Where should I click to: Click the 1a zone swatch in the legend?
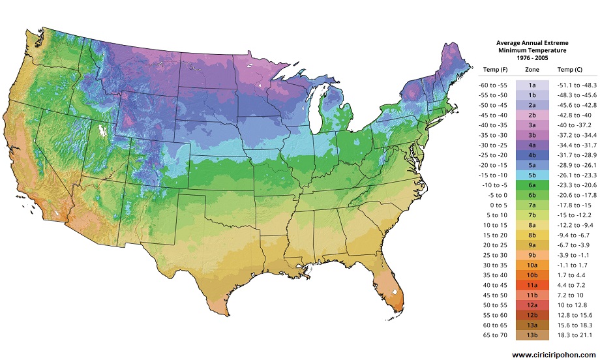coord(532,85)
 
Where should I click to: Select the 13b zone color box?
coord(532,335)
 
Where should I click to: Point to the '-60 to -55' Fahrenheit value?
coord(492,85)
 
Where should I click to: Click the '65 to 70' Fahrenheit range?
coord(492,335)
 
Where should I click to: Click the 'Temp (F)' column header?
coord(495,68)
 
